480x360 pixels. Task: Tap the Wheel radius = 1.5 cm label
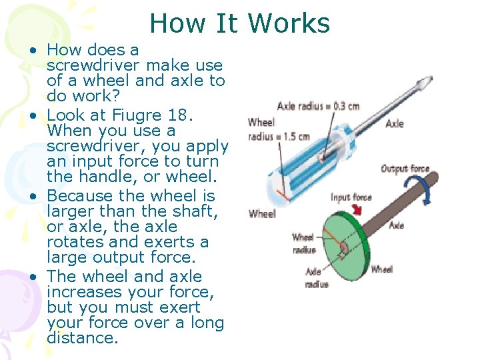click(x=279, y=129)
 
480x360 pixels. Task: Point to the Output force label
click(x=405, y=169)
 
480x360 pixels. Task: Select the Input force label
click(x=351, y=197)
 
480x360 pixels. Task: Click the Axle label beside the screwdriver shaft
click(x=395, y=123)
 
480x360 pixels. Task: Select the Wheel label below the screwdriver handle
click(x=262, y=214)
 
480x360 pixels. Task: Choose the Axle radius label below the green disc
click(x=317, y=277)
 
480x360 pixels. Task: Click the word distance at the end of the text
click(x=82, y=337)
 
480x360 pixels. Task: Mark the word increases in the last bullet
click(x=78, y=292)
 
